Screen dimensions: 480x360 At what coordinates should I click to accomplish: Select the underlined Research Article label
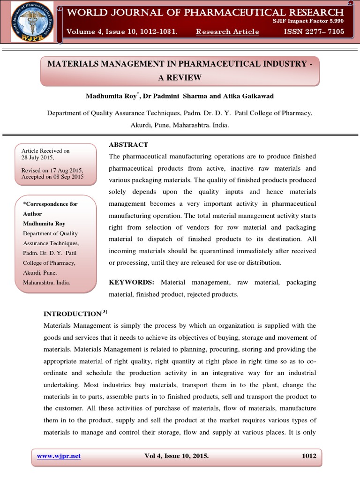tap(227, 31)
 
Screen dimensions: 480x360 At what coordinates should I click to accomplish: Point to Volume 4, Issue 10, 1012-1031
tap(122, 31)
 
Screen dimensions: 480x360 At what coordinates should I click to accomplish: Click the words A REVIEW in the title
tap(180, 77)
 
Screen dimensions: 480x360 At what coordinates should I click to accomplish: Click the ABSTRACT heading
tap(128, 144)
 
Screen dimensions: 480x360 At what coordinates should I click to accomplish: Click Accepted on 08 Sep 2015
tap(52, 177)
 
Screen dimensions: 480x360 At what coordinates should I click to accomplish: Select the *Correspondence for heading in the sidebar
tap(51, 204)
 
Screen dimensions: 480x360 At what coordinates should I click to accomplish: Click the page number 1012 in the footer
tap(308, 456)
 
